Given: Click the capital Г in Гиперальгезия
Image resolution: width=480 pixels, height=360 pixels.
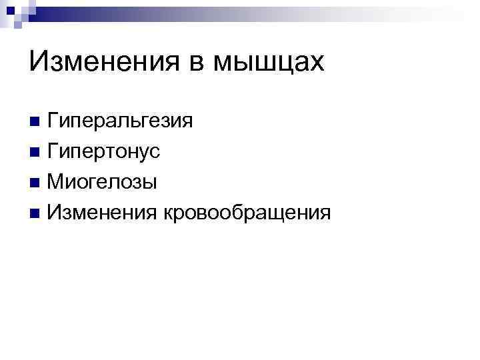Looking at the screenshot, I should click(53, 121).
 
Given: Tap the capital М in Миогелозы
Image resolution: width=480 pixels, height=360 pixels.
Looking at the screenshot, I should click(55, 181).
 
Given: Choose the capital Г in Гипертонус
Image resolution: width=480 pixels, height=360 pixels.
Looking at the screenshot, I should click(53, 151).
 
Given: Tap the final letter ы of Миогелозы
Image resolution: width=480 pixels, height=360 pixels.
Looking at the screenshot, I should click(151, 183).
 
